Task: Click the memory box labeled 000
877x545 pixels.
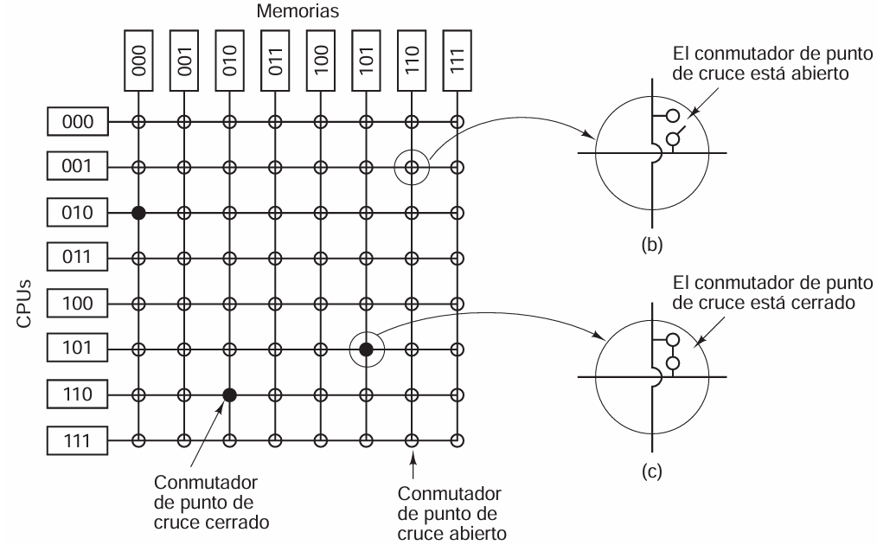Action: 138,61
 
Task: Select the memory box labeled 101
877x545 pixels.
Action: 366,61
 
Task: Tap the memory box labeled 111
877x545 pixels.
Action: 457,61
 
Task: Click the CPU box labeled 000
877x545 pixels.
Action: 77,121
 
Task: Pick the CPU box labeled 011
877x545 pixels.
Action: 77,258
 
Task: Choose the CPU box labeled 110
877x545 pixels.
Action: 77,395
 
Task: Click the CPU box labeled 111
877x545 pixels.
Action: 77,440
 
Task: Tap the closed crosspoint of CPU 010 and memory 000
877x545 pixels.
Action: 138,213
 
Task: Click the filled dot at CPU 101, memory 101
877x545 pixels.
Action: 366,349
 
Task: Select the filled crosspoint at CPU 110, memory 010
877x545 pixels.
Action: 229,395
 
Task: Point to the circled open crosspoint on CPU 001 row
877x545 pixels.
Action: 412,167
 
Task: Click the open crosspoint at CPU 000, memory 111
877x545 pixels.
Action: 458,121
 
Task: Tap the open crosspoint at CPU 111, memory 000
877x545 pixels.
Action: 138,440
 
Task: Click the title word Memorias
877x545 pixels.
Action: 298,11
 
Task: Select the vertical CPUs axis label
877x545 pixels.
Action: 23,304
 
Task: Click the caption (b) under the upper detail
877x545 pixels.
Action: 651,245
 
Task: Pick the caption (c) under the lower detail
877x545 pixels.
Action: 651,471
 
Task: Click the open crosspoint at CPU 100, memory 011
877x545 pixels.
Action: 275,304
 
